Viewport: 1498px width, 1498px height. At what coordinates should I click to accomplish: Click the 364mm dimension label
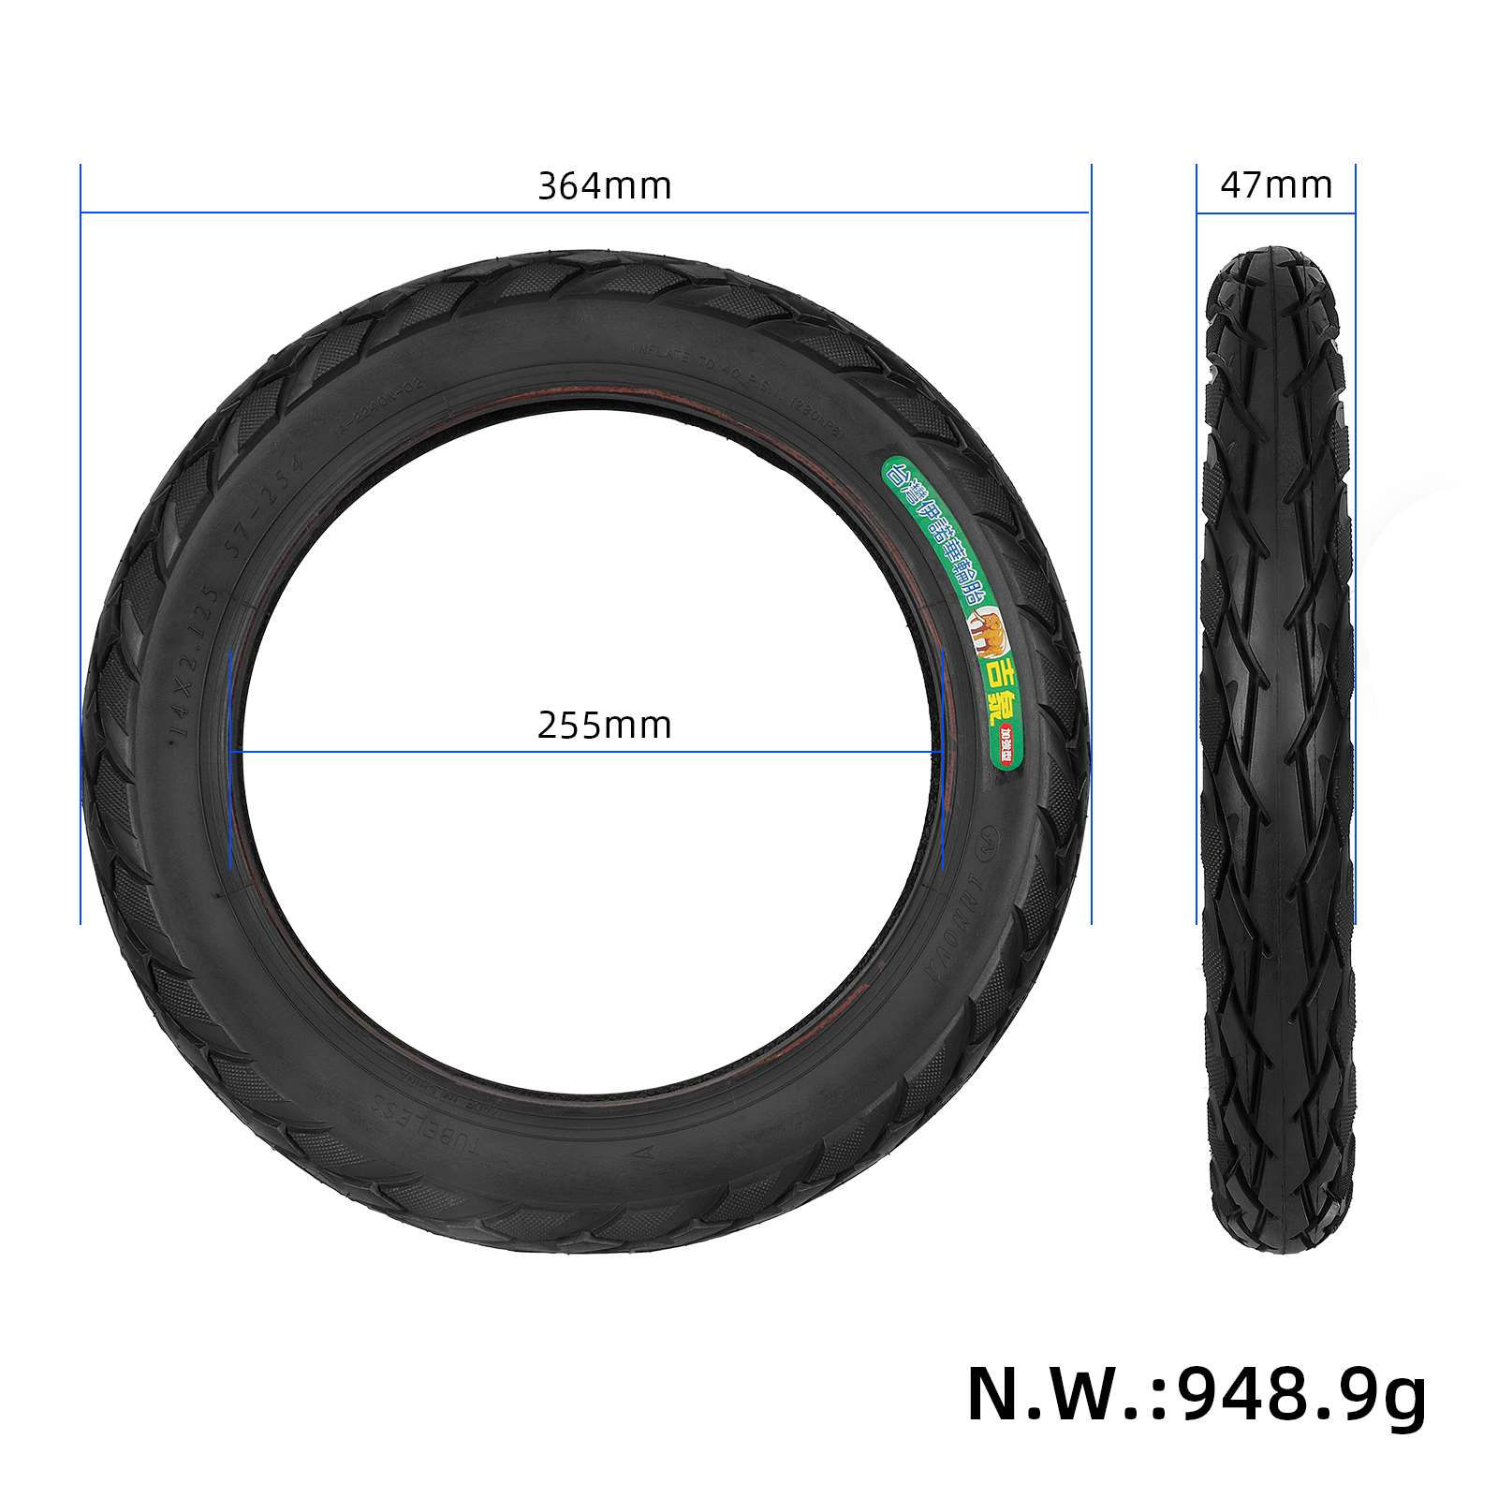click(x=604, y=185)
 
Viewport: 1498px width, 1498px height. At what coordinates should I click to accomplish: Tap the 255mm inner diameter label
click(x=604, y=726)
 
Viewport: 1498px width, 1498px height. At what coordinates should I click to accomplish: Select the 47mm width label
click(x=1276, y=185)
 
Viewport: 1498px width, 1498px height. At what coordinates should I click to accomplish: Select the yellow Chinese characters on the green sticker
click(x=997, y=688)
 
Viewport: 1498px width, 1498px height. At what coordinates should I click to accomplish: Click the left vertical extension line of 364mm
click(x=81, y=543)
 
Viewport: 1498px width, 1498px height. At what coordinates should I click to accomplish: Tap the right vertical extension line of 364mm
click(x=1091, y=543)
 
